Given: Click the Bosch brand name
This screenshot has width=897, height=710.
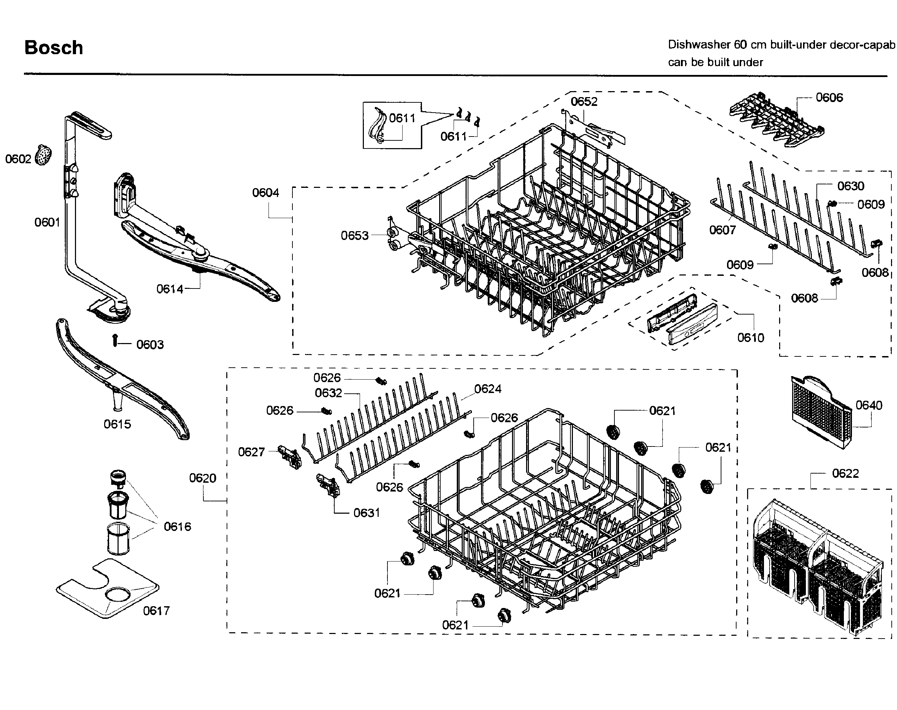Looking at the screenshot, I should [x=53, y=48].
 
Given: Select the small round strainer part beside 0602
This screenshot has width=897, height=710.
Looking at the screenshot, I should [x=43, y=155].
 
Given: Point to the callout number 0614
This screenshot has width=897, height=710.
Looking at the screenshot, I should [x=170, y=289].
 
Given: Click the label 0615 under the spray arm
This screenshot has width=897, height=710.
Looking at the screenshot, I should [x=117, y=424].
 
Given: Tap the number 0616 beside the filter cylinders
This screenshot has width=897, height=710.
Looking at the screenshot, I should [x=177, y=527].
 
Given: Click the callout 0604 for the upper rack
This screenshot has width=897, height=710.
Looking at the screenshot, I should [x=266, y=192].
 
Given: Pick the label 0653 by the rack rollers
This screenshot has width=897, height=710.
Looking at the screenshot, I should [x=355, y=236].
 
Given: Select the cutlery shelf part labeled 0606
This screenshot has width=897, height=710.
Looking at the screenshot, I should [x=776, y=121].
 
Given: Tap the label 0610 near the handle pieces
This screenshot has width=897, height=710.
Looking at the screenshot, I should [x=751, y=337].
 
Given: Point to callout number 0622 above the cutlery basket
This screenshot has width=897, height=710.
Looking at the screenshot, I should [x=845, y=474].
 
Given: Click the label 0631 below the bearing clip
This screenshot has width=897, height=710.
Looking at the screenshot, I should [x=367, y=513].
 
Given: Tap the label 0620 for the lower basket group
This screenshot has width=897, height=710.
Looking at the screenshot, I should [x=202, y=478].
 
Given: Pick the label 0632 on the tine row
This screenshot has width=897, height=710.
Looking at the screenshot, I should [x=328, y=393].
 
